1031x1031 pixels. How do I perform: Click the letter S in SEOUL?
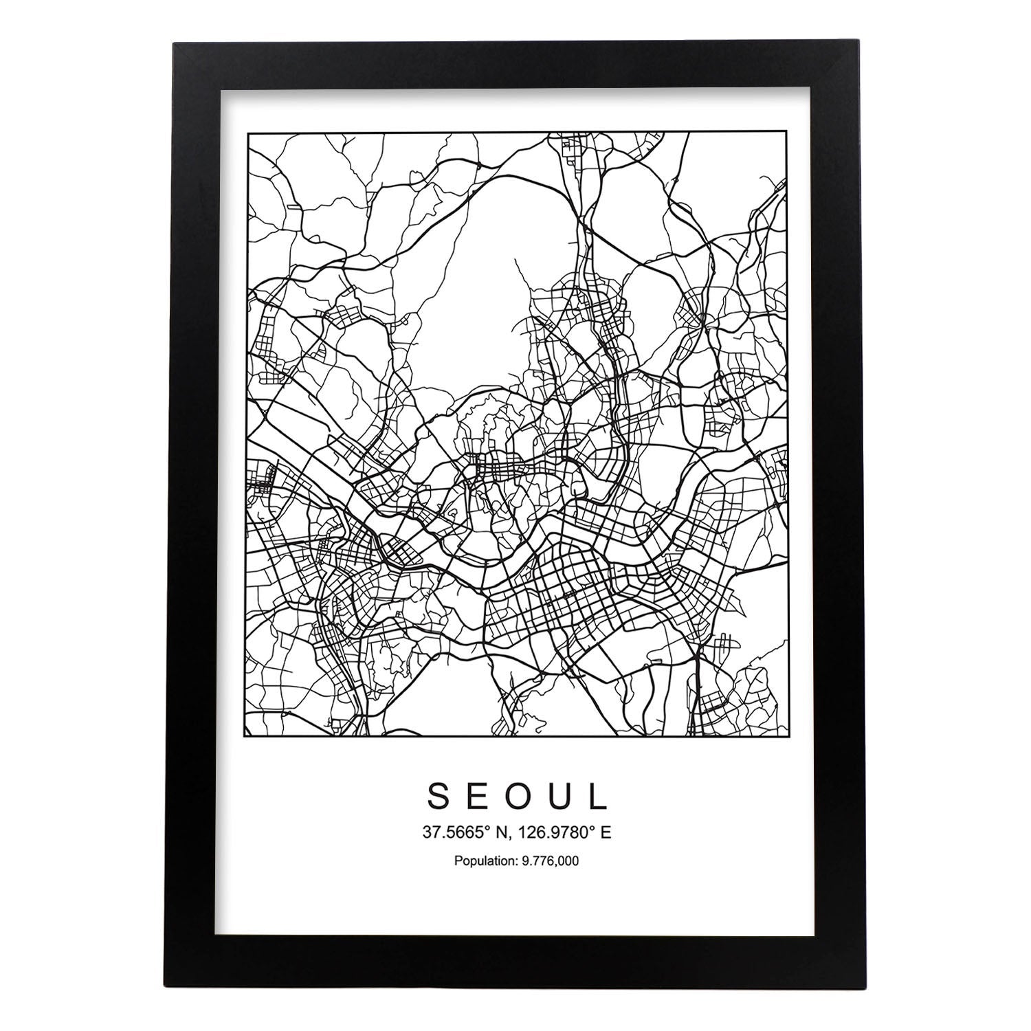(x=440, y=796)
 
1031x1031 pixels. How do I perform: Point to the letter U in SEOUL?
(x=559, y=796)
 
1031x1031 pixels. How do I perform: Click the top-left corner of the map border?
(x=247, y=132)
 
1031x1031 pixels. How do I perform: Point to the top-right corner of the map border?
(x=786, y=132)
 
